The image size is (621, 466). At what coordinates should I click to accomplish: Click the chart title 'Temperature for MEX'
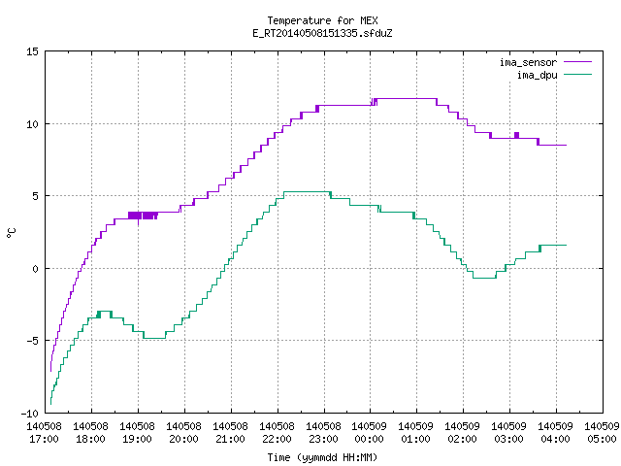click(x=322, y=20)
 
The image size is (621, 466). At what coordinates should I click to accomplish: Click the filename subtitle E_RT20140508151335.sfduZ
click(x=322, y=33)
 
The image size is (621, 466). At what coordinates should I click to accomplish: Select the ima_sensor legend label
click(x=528, y=62)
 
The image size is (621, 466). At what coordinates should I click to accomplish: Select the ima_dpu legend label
click(x=537, y=75)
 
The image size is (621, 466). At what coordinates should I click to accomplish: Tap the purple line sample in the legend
click(x=577, y=62)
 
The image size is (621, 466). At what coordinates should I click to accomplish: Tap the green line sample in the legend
click(x=577, y=75)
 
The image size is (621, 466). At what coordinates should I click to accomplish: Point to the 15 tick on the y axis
click(x=33, y=51)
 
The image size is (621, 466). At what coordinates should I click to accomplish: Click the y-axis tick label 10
click(x=33, y=124)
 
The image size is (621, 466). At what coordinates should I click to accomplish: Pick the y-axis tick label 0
click(x=36, y=269)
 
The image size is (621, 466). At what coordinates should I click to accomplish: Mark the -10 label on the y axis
click(x=30, y=414)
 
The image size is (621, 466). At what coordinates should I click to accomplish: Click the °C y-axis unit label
click(x=11, y=233)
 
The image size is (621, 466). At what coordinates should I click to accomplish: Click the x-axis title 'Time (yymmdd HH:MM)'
click(x=322, y=457)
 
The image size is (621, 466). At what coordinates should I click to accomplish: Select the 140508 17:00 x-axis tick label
click(x=44, y=433)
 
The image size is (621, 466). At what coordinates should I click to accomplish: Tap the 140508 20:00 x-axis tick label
click(x=183, y=433)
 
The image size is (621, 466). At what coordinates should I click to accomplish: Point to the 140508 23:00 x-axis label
click(x=323, y=433)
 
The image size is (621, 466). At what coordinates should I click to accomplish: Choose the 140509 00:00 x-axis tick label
click(x=370, y=433)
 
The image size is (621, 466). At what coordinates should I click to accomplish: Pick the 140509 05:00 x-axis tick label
click(x=602, y=433)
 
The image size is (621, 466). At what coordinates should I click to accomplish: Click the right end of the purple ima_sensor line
click(x=567, y=145)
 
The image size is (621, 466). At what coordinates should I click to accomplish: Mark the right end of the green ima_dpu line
click(x=567, y=246)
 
